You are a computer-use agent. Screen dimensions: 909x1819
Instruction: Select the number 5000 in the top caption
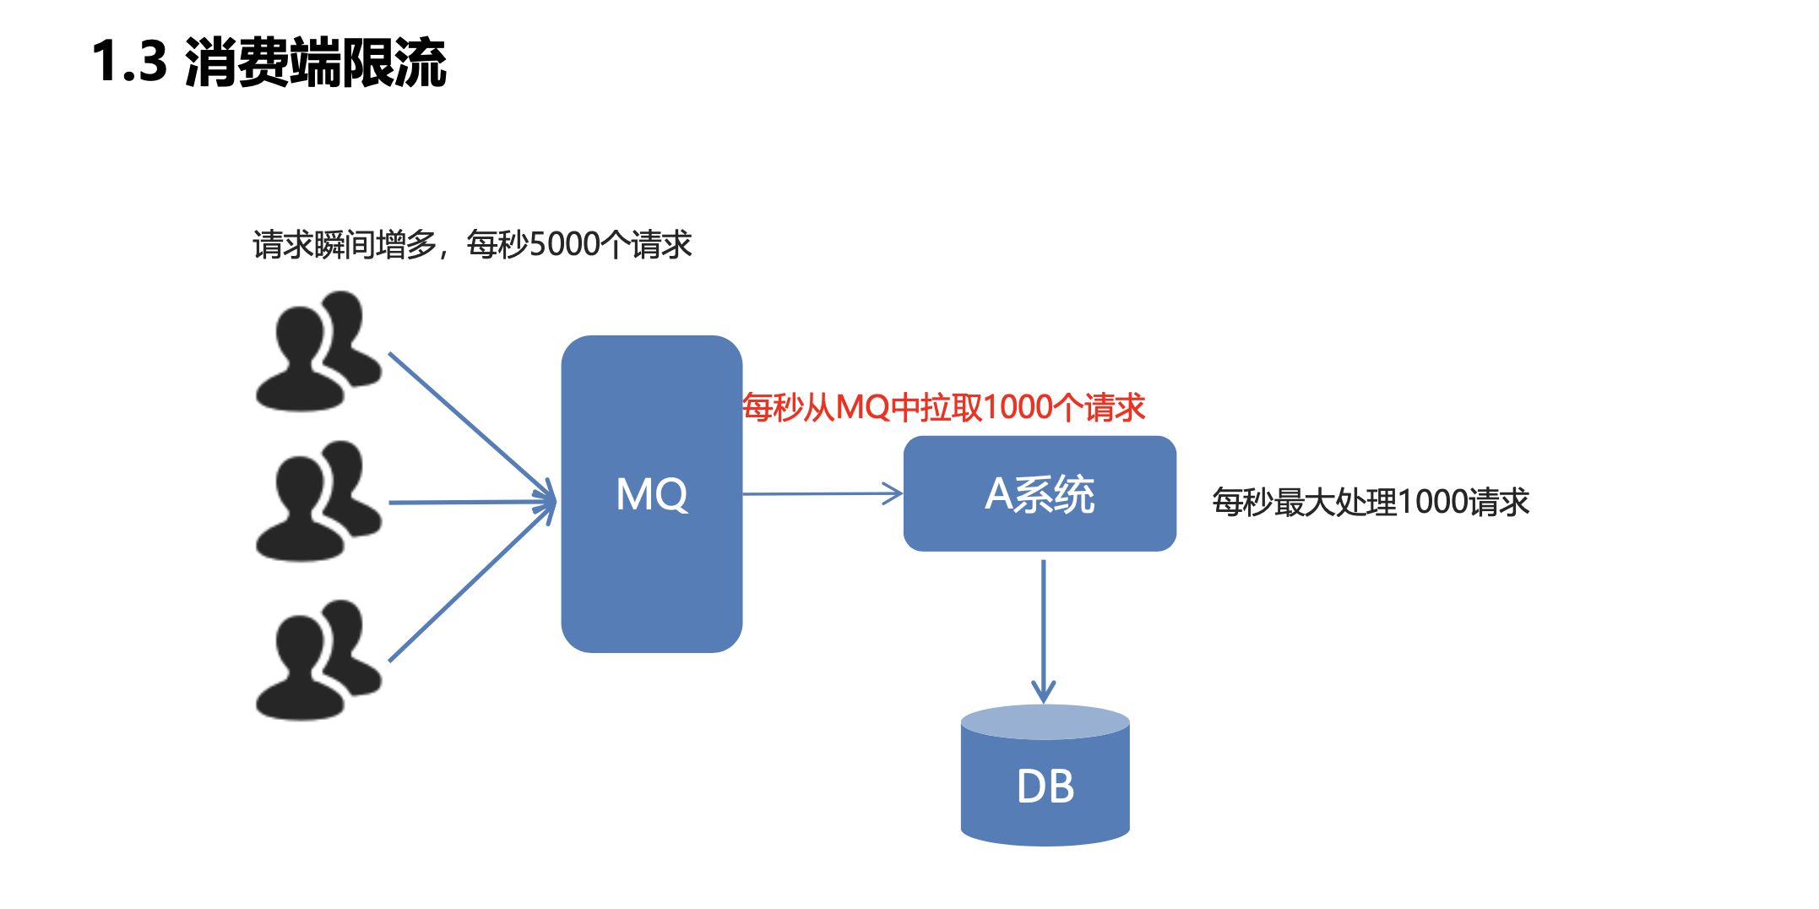tap(564, 245)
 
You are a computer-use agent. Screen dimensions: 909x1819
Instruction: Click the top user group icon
tap(318, 352)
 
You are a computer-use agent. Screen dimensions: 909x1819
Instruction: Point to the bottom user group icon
tap(318, 661)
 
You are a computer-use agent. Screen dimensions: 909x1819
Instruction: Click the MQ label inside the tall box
tap(651, 495)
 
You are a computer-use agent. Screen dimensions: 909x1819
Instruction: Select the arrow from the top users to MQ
tap(469, 422)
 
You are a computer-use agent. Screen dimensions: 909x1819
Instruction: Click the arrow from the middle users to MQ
tap(469, 503)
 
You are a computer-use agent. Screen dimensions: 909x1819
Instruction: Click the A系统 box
tap(1040, 494)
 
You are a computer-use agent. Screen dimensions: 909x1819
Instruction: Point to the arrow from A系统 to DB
tap(1044, 629)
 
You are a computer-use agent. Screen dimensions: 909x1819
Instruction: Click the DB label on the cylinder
tap(1045, 787)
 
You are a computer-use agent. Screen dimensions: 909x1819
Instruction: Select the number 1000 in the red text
tap(1018, 408)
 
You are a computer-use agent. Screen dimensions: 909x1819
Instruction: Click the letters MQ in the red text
tap(863, 408)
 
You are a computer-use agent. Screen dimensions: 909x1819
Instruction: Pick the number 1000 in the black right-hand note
tap(1433, 503)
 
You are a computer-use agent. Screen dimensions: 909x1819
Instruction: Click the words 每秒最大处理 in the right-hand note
tap(1305, 503)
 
